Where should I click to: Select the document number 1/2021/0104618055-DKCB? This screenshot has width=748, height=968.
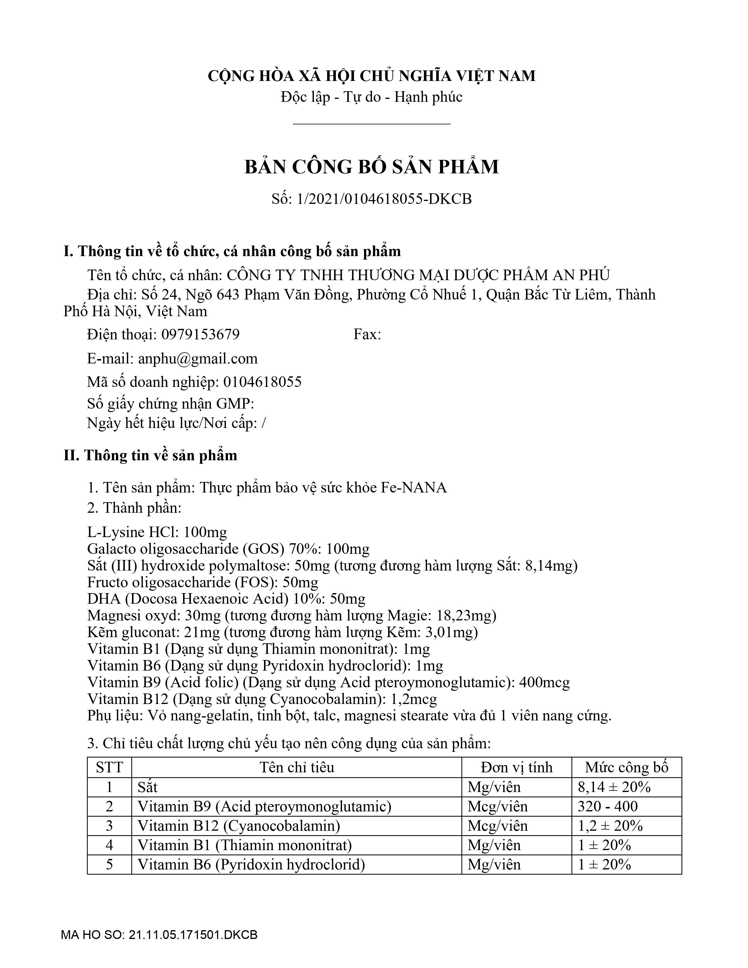[384, 199]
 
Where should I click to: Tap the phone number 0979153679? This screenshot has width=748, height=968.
[200, 334]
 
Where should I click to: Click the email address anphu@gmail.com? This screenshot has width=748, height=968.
[198, 358]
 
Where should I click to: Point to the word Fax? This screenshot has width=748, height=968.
[367, 334]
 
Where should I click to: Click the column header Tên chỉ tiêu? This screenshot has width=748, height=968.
[297, 767]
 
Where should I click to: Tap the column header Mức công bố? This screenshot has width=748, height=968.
[626, 767]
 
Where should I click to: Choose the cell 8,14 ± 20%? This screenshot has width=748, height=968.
[614, 787]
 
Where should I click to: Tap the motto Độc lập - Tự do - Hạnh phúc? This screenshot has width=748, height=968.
[371, 97]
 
